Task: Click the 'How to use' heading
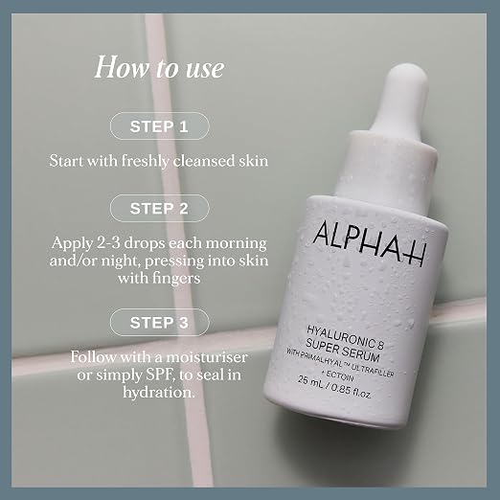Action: click(159, 67)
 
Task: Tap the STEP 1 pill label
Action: click(160, 126)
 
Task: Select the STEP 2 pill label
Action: click(160, 208)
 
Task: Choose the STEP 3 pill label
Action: click(160, 323)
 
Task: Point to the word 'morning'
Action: click(236, 244)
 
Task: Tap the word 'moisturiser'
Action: click(206, 356)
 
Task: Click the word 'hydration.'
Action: click(159, 393)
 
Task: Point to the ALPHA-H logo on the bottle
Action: click(369, 242)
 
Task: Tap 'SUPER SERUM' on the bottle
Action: click(342, 351)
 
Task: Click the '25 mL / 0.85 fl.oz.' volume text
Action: click(334, 387)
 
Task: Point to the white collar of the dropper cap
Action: click(386, 170)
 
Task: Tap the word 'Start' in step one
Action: click(66, 160)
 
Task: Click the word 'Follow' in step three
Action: click(93, 356)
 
